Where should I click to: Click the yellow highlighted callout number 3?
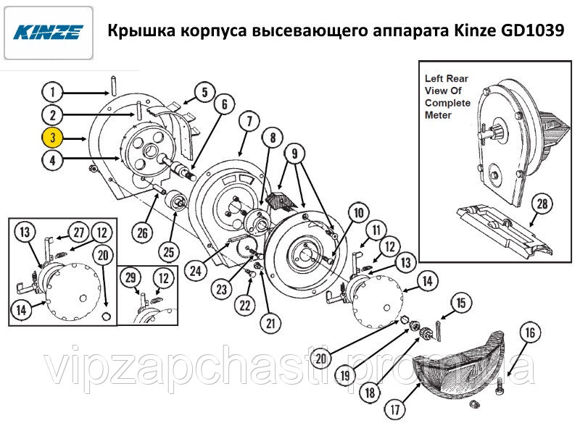(52, 138)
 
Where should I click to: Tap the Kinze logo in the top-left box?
(48, 32)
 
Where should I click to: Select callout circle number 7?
(249, 121)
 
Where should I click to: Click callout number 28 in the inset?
(542, 204)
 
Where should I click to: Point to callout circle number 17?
(395, 409)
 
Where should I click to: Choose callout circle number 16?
(531, 332)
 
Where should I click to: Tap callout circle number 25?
(169, 252)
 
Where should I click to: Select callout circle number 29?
(130, 278)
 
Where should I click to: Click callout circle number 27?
(79, 233)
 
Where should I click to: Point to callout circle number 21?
(270, 324)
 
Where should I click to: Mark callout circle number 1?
(52, 92)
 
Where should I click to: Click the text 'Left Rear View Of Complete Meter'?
(447, 97)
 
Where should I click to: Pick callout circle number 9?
(294, 153)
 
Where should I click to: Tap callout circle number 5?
(205, 92)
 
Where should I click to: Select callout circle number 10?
(359, 213)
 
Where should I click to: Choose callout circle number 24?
(196, 271)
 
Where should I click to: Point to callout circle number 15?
(461, 303)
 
